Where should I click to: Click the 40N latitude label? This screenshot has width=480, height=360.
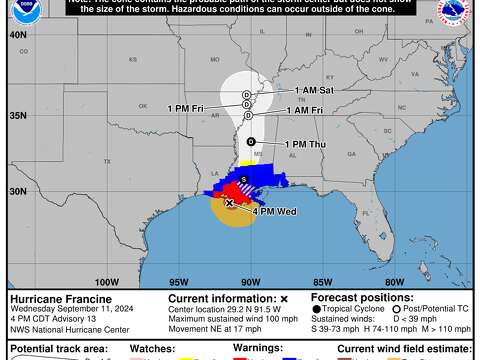(17, 34)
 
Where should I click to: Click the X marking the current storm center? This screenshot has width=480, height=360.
(230, 203)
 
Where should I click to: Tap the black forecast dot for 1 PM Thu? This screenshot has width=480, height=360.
(250, 141)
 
